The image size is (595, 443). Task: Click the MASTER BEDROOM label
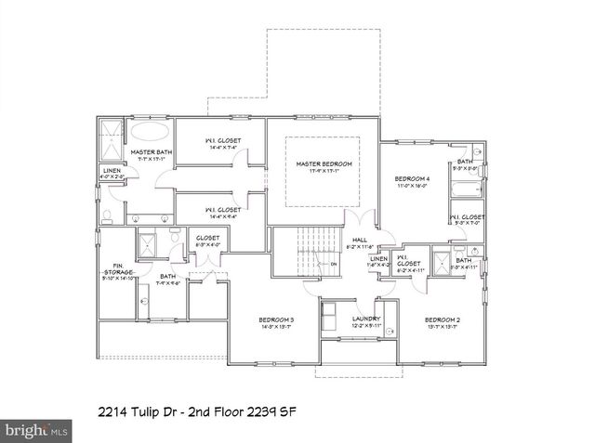tap(323, 164)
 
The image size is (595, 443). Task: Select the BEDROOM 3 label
tap(276, 320)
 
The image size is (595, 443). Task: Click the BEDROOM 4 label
tap(412, 178)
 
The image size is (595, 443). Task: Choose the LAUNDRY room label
tap(366, 320)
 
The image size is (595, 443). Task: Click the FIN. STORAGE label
tap(118, 268)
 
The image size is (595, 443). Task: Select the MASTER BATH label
tap(150, 152)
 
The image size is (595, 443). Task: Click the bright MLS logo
tap(36, 431)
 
